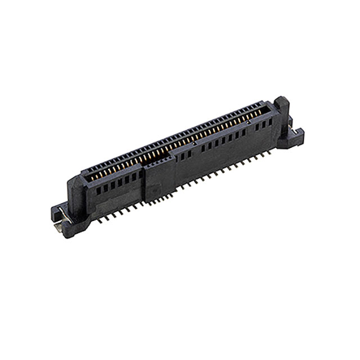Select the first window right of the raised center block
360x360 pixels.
pyautogui.click(x=177, y=159)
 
